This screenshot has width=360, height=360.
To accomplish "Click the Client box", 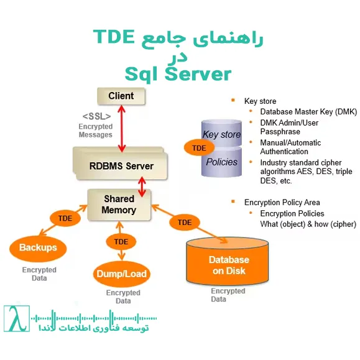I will click(121, 96).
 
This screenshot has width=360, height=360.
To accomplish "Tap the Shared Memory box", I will click(119, 205).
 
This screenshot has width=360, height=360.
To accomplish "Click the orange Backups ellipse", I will click(38, 247).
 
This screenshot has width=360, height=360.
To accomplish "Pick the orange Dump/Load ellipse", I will click(122, 273).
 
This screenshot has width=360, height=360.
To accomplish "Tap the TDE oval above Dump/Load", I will click(117, 241).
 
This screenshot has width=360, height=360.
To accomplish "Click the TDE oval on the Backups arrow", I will click(65, 219).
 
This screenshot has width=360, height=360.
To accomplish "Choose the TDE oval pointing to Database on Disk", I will click(185, 222).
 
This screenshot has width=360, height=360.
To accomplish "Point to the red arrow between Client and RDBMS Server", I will click(122, 127).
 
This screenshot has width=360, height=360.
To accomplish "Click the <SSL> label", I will click(97, 116).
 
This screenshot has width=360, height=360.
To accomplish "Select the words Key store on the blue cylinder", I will click(222, 134).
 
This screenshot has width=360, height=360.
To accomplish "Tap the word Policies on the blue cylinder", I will click(222, 162).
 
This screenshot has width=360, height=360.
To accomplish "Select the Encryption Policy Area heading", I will click(282, 202).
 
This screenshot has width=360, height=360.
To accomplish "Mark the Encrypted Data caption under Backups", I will click(39, 274).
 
